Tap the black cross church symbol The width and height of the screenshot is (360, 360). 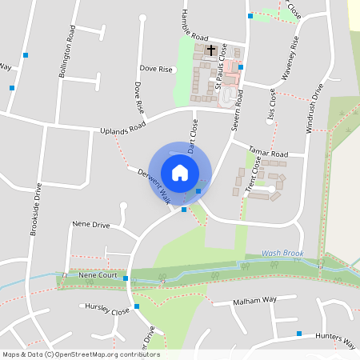(211, 50)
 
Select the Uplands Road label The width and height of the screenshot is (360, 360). (123, 128)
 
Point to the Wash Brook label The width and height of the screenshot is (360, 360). (282, 254)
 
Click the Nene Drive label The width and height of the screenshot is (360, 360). (90, 225)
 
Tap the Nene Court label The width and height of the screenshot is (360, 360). (98, 275)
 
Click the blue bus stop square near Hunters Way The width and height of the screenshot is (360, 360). (299, 334)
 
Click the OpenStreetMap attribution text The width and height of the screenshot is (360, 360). (80, 354)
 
